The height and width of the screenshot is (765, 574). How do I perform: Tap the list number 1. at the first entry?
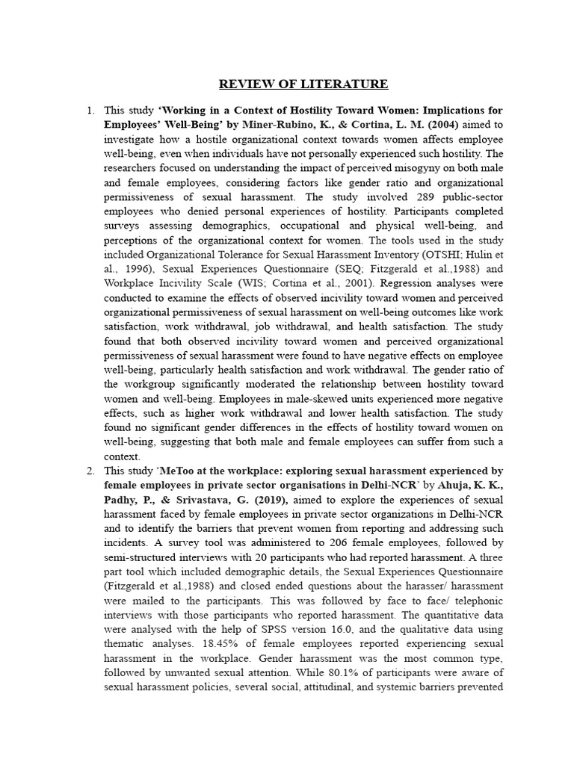pyautogui.click(x=90, y=111)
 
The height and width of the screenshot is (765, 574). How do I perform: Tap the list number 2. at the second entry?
pyautogui.click(x=90, y=471)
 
